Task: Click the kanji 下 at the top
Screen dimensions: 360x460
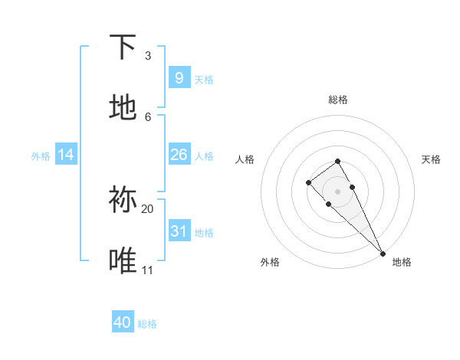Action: point(123,47)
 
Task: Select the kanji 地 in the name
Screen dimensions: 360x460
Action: point(123,108)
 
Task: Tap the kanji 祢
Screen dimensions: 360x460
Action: point(123,200)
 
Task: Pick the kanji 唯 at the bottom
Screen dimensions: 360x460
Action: point(123,260)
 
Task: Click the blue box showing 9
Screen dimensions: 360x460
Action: point(179,77)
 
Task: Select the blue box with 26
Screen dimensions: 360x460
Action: point(179,155)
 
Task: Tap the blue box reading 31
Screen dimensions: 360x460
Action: point(179,231)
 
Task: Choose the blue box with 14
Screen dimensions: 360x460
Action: point(66,155)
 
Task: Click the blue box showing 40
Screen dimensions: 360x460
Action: point(123,322)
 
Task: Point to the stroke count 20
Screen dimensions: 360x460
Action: point(147,208)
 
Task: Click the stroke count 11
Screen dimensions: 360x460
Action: point(147,270)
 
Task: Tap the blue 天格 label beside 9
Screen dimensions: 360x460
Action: point(204,79)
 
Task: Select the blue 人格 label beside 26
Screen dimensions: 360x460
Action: point(204,156)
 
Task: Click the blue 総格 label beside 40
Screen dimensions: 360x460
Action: point(147,324)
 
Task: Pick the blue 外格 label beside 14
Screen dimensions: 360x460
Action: point(41,156)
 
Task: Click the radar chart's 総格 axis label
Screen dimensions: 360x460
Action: point(337,100)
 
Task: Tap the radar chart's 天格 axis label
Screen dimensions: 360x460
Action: point(431,159)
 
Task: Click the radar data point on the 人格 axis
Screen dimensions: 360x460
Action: point(308,182)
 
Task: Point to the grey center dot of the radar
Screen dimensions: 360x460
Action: point(337,191)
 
